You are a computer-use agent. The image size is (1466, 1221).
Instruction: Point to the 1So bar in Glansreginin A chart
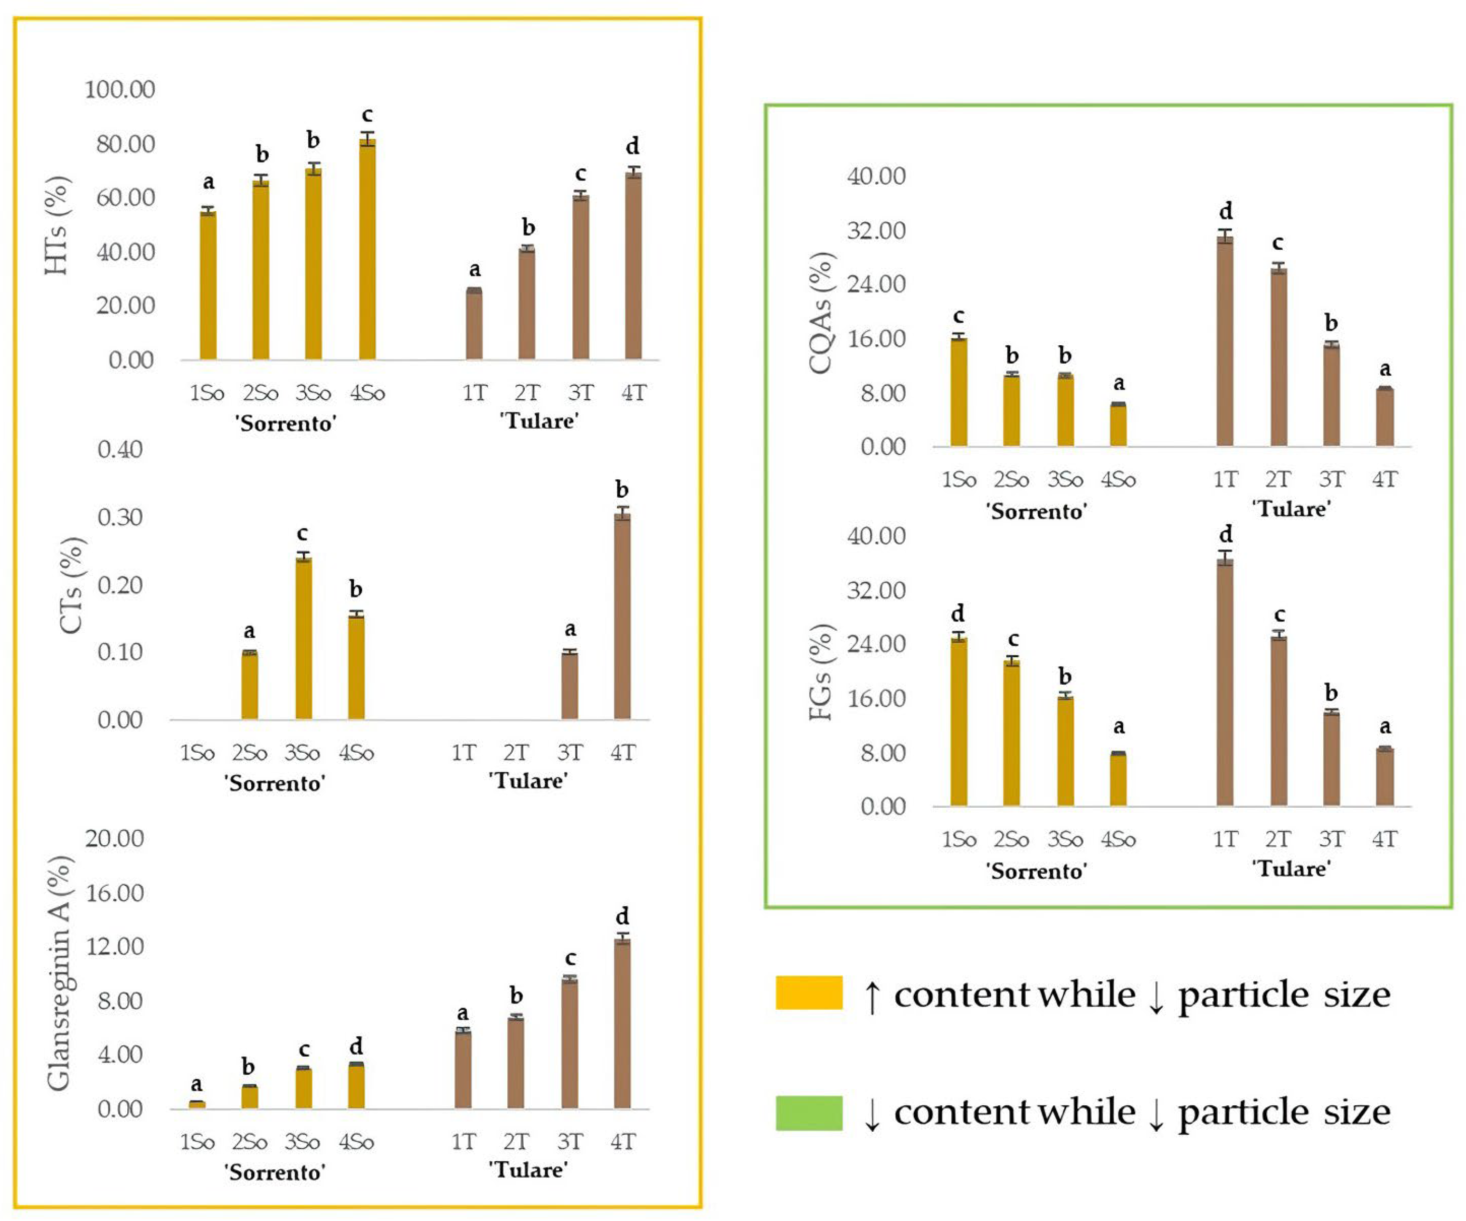[x=197, y=1104]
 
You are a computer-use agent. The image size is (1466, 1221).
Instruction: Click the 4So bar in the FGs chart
[x=1118, y=779]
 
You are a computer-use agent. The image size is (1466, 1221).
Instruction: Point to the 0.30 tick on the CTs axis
[x=120, y=517]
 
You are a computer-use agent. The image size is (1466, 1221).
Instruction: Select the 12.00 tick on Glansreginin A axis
[x=114, y=947]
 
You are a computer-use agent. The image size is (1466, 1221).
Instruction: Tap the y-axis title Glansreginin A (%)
[x=60, y=974]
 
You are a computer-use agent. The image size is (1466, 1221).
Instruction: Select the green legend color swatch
[x=809, y=1113]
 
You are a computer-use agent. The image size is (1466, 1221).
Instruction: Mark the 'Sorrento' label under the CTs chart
[x=274, y=783]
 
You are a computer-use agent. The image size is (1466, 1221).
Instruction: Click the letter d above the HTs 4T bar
[x=632, y=146]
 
